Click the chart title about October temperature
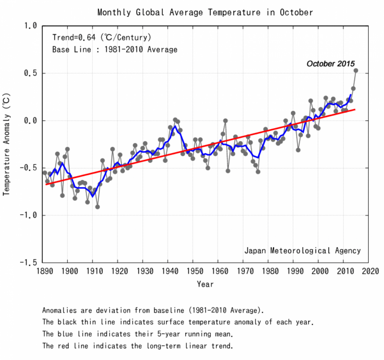[x=205, y=12]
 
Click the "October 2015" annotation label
[x=330, y=63]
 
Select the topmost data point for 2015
[x=356, y=70]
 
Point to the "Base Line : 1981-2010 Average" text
[x=114, y=50]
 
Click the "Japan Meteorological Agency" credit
[x=302, y=251]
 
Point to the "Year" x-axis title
[x=205, y=284]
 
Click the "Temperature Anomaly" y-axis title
[x=6, y=144]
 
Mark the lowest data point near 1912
[x=97, y=207]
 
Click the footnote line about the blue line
[x=137, y=334]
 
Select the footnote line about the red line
[x=137, y=346]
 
